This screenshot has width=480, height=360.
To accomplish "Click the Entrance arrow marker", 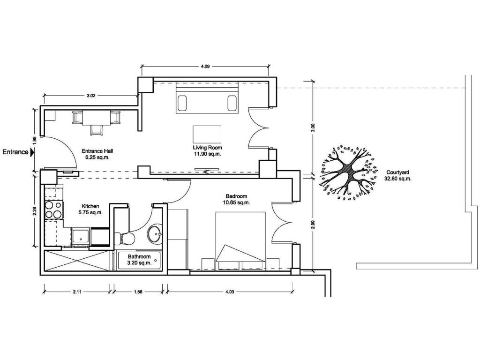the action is coord(32,152).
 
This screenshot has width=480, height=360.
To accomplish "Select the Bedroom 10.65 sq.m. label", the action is coord(237,199).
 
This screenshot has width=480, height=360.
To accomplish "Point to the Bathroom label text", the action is coord(139,256).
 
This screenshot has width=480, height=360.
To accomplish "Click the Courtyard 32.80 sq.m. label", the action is coord(398,175).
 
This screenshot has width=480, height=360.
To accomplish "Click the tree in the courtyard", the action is coord(348,173).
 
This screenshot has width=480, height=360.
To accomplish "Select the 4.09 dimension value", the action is coord(205,66).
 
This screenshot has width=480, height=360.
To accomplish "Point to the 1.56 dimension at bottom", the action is coord(138,292).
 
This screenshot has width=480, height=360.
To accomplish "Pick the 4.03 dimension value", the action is coord(230,292).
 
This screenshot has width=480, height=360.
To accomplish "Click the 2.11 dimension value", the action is coord(77,292).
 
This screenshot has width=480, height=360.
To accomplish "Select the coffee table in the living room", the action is coord(207,134).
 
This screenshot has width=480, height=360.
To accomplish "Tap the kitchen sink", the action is coord(81,237).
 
